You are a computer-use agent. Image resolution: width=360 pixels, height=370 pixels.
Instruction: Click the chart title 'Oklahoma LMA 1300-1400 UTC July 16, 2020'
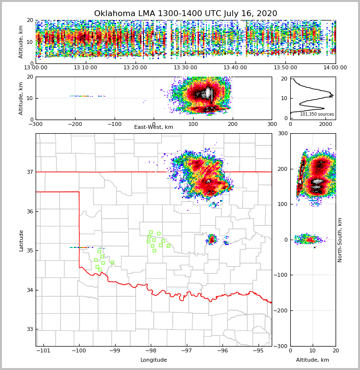click(x=185, y=14)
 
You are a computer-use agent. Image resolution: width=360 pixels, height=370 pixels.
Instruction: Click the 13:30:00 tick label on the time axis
click(x=185, y=68)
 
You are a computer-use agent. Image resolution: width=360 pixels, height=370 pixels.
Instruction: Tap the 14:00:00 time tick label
click(x=335, y=68)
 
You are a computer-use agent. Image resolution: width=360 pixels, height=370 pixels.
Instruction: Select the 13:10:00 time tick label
click(x=85, y=68)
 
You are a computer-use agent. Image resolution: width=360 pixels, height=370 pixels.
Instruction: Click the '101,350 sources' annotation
click(x=317, y=114)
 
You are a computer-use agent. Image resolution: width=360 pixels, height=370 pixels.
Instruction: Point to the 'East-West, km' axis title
click(x=154, y=127)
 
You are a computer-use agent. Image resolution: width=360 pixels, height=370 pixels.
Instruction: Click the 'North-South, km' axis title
click(x=340, y=240)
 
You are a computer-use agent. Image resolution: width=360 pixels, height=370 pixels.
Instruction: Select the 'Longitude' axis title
click(x=154, y=360)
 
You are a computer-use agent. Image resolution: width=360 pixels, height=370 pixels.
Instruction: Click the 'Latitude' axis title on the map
click(x=21, y=240)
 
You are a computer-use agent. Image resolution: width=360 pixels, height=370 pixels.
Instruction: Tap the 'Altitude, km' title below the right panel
click(x=313, y=360)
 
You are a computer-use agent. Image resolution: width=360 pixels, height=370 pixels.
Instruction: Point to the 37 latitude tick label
click(x=29, y=172)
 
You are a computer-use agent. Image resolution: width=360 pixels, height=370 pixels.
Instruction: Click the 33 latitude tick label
click(x=29, y=329)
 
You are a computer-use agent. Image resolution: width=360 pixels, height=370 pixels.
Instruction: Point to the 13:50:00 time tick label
click(x=285, y=68)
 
